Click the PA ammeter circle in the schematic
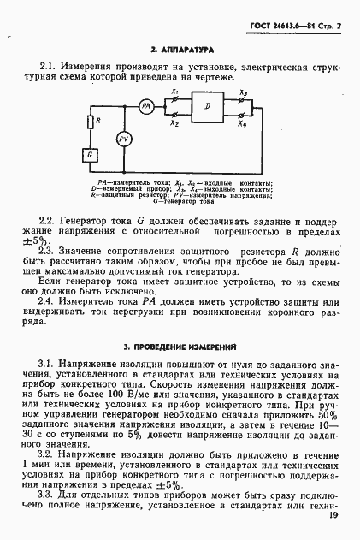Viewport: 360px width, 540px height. [x=145, y=105]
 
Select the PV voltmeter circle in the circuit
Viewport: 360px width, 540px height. [x=123, y=139]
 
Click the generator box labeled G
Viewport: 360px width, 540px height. [x=89, y=153]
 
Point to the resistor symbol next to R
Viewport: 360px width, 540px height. [x=89, y=122]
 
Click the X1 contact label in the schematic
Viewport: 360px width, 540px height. [x=174, y=91]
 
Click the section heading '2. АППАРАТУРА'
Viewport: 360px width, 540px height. [x=181, y=52]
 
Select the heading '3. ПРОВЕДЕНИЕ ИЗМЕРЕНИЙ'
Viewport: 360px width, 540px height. [x=180, y=347]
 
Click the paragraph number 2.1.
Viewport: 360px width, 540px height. [x=49, y=65]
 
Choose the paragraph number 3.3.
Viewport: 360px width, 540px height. [x=49, y=495]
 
